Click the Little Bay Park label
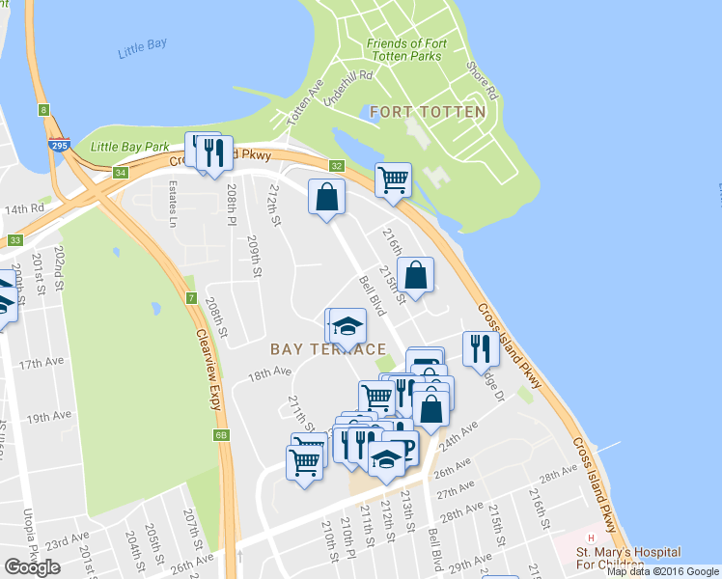129,147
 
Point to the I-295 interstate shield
58,143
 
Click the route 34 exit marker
120,173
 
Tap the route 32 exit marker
336,166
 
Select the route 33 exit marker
14,240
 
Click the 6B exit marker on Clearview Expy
222,435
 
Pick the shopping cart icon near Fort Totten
393,179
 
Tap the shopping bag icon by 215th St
415,274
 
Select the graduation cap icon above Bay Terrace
348,325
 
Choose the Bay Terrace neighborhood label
328,349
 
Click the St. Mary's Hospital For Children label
627,558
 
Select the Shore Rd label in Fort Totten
481,82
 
